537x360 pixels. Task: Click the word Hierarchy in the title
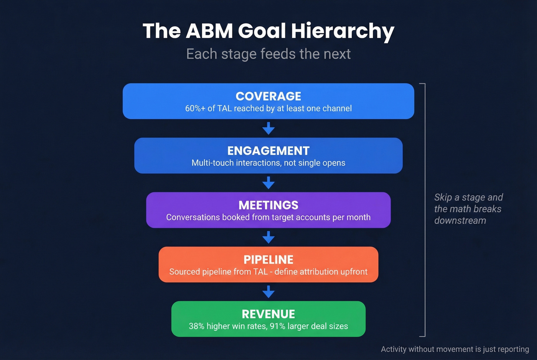[x=343, y=31]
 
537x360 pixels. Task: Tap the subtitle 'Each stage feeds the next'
[x=268, y=54]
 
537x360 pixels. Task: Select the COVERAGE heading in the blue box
[x=268, y=96]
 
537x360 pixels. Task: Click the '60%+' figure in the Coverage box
[x=195, y=108]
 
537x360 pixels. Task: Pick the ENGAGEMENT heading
[x=268, y=151]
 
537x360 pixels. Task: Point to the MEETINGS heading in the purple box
[x=268, y=205]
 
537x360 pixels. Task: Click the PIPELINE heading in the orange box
[x=268, y=260]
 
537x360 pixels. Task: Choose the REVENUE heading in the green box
[x=268, y=314]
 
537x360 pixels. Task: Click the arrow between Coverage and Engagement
[x=268, y=128]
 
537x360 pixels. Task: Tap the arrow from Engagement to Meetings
[x=268, y=183]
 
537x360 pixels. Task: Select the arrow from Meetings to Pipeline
[x=268, y=237]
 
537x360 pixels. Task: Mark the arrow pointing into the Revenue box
[x=268, y=292]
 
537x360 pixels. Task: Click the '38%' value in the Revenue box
[x=196, y=326]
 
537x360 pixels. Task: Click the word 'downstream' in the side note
[x=460, y=220]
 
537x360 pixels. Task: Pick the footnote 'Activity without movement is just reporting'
[x=455, y=349]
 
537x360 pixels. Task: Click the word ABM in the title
[x=209, y=31]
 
